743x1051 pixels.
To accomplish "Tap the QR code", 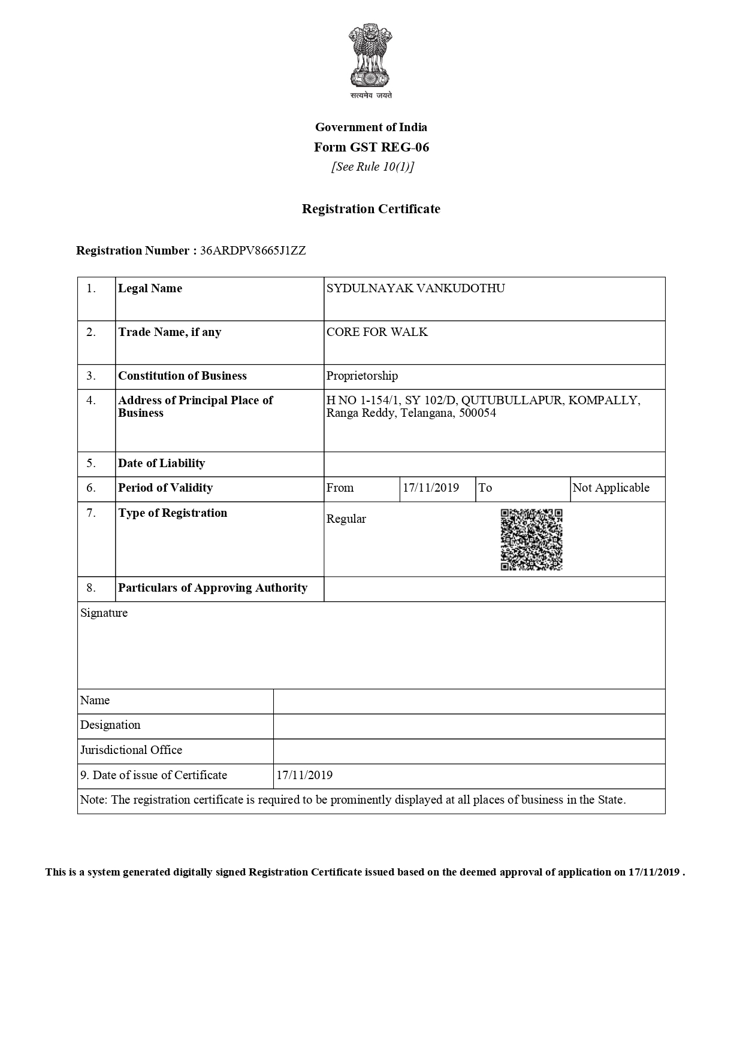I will click(x=531, y=540).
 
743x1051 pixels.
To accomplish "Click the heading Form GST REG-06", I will click(x=371, y=147).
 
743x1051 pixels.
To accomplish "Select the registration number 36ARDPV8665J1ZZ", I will click(x=252, y=251).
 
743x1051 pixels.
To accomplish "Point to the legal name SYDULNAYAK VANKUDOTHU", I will click(x=415, y=289).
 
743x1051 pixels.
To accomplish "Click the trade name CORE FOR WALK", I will click(x=377, y=332).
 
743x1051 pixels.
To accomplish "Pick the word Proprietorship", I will click(x=362, y=376).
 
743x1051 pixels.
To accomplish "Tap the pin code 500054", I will click(x=477, y=413).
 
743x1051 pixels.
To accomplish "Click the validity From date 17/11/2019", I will click(x=430, y=488).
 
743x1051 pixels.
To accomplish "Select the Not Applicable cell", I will click(x=611, y=488).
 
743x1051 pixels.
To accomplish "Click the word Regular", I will click(x=346, y=519).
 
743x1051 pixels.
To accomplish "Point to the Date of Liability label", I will click(x=161, y=464).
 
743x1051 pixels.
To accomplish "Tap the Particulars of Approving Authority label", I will click(x=213, y=588).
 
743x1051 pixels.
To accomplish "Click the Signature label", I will click(x=104, y=613).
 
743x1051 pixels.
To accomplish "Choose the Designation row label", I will click(x=110, y=725).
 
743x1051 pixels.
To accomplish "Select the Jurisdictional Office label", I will click(x=131, y=750).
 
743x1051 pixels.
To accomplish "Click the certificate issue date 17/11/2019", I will click(x=304, y=776).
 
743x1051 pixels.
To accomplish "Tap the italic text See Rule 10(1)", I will click(x=372, y=167).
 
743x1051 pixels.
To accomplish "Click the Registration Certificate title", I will click(x=371, y=209).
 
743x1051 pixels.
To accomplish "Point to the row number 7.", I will click(x=91, y=513).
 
